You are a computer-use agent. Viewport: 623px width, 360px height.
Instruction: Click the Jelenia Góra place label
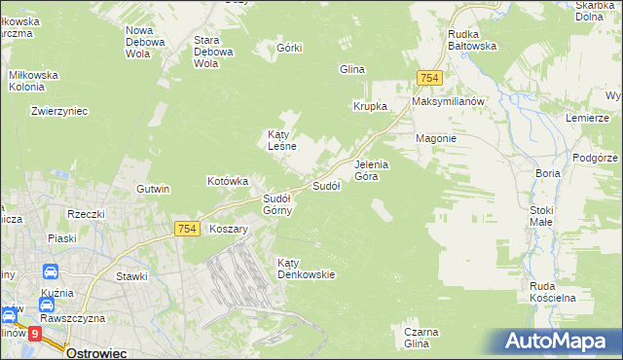tap(371, 170)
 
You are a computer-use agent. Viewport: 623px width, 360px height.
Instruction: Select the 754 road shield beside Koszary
tap(188, 228)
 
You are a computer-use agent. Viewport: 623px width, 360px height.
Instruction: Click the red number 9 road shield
tap(35, 333)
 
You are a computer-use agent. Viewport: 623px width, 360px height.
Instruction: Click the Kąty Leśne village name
tap(281, 140)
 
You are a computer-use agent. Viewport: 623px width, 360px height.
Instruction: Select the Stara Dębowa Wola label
tap(213, 52)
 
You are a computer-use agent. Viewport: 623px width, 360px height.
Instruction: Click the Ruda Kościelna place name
tap(553, 292)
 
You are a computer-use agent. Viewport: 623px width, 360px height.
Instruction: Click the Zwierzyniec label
tap(59, 111)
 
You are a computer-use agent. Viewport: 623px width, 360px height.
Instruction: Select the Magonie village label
tap(436, 138)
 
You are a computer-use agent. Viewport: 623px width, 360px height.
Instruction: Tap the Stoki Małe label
tap(541, 216)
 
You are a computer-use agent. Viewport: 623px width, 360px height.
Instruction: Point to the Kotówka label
tap(229, 181)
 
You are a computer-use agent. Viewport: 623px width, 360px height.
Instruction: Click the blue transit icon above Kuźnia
tap(50, 272)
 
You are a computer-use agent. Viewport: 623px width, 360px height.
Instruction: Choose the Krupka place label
tap(370, 106)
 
